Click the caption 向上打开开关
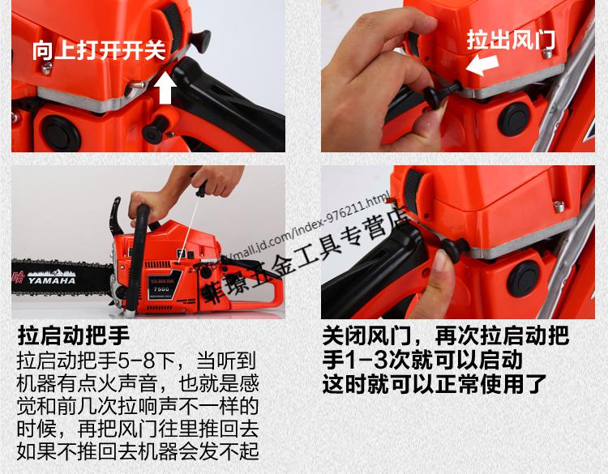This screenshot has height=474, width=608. pyautogui.click(x=99, y=50)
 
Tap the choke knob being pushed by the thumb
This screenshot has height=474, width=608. pyautogui.click(x=447, y=250)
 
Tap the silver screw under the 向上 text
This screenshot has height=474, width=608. pyautogui.click(x=48, y=68)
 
